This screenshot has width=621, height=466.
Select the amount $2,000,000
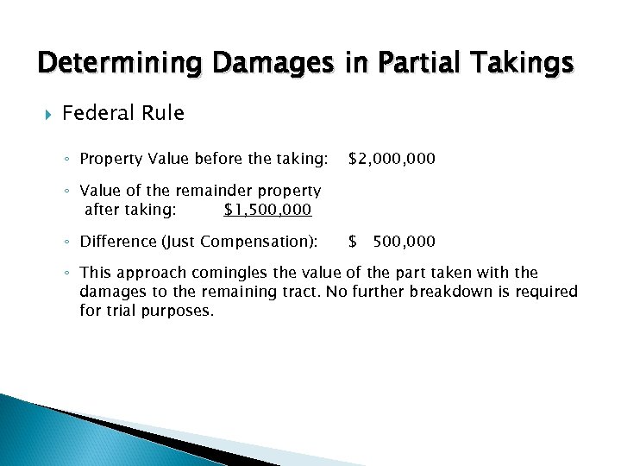click(x=392, y=159)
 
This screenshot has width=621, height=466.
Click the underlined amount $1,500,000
click(x=267, y=210)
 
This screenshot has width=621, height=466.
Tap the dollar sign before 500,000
click(x=352, y=241)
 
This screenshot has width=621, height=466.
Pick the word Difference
click(x=116, y=241)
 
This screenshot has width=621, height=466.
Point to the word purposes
click(x=175, y=310)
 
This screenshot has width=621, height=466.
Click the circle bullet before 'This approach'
click(x=68, y=274)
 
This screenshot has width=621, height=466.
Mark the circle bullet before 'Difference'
click(x=68, y=242)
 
